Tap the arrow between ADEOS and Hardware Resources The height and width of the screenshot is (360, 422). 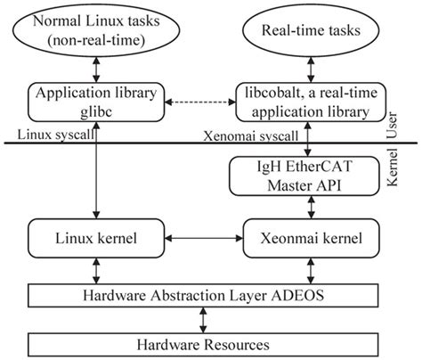pyautogui.click(x=206, y=318)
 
